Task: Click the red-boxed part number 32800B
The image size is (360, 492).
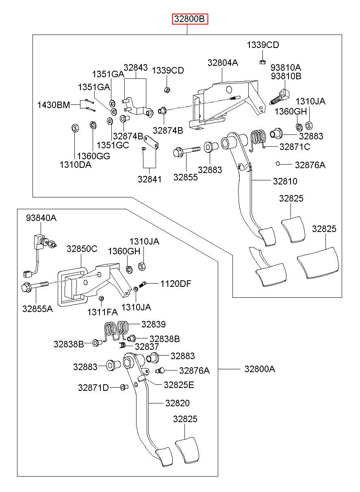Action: pos(190,19)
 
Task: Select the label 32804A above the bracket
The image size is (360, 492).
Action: pos(223,63)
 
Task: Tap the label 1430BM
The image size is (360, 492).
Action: pos(54,105)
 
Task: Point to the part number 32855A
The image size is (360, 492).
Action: pos(37,309)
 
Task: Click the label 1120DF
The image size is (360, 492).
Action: pos(176,284)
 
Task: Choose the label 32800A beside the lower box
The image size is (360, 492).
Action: pos(260,369)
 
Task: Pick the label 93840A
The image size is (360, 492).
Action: pos(41,218)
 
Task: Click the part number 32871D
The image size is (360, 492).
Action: pos(93,388)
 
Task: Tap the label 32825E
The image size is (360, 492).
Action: pos(179,385)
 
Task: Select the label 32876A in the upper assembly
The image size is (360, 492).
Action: pos(310,165)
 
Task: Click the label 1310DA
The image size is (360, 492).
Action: pos(75,165)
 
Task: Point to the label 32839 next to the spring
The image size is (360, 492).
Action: pos(154,324)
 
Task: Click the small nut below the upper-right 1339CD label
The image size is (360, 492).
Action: pos(262,62)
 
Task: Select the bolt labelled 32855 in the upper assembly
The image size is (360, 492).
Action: pos(187,151)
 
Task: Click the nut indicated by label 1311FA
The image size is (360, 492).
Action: pos(101,298)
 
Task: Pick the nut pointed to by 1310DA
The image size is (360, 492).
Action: pos(75,128)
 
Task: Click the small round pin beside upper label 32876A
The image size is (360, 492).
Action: pos(278,163)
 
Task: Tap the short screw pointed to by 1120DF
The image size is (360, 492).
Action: pos(143,284)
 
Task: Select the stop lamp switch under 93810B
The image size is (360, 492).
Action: pos(280,97)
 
